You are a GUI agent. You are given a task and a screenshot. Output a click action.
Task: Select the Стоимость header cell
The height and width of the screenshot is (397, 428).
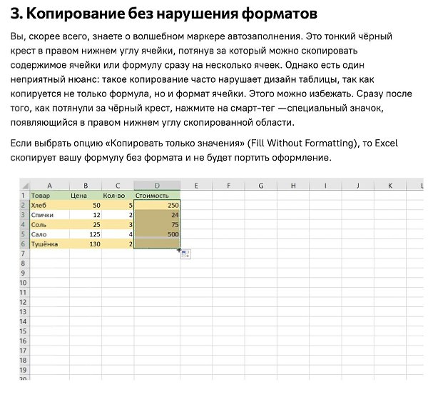point(157,195)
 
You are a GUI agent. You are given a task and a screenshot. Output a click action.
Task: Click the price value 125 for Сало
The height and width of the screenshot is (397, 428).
point(86,234)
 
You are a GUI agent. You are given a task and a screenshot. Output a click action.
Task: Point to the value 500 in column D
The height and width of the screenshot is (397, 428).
point(157,234)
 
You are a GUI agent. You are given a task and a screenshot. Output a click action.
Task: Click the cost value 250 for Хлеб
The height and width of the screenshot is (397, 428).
point(157,205)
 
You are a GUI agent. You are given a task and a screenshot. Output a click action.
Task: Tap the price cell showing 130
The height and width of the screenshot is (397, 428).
point(86,244)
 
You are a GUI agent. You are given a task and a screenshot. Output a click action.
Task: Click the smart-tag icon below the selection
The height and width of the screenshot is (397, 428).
point(186,254)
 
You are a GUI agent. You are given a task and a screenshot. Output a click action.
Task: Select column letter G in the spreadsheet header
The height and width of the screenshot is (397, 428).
point(261,186)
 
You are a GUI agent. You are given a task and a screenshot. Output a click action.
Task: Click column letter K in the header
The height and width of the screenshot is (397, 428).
point(389,186)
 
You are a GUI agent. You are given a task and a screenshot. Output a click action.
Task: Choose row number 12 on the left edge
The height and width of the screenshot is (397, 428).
point(24,303)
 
